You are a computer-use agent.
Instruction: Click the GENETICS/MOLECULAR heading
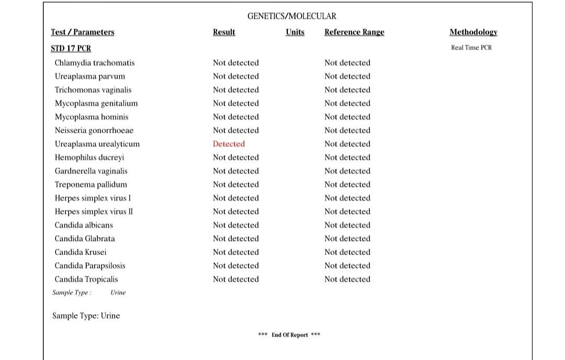point(291,16)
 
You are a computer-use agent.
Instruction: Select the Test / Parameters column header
point(82,32)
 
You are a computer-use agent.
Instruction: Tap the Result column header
point(224,32)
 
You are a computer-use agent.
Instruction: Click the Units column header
point(295,32)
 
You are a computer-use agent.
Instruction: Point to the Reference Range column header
point(354,32)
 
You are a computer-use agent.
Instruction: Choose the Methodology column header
point(473,32)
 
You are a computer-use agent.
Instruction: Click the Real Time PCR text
point(471,48)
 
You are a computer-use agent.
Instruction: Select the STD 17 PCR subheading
point(71,48)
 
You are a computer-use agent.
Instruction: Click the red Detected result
point(229,144)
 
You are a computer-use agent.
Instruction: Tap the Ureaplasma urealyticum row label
point(97,144)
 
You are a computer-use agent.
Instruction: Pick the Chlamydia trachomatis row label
point(95,63)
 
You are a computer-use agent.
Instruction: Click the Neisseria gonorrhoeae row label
point(94,130)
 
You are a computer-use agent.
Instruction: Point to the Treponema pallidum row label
point(91,184)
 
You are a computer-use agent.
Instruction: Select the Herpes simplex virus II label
point(94,211)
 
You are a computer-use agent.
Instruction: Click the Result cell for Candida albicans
point(236,225)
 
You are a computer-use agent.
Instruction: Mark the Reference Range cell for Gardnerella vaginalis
point(347,171)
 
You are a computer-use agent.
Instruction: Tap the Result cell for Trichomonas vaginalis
point(236,90)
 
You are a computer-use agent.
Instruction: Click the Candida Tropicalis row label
point(86,279)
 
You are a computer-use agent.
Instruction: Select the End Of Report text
point(289,335)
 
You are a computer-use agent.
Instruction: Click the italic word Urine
point(118,292)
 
